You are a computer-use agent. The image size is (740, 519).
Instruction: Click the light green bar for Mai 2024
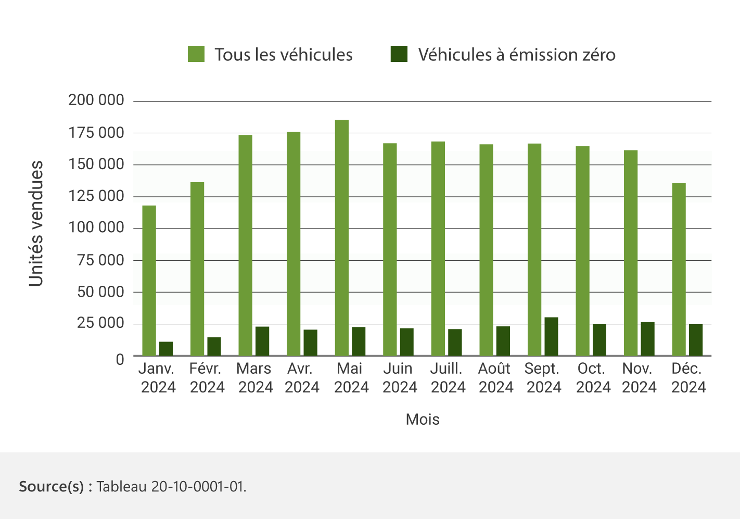[x=342, y=238]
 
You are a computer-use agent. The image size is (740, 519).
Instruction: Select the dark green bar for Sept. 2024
[x=551, y=336]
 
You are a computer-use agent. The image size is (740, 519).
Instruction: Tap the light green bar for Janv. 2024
[x=149, y=281]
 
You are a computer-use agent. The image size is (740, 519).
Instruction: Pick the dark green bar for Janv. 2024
[x=166, y=349]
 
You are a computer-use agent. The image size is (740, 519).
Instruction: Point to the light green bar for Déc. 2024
[x=679, y=269]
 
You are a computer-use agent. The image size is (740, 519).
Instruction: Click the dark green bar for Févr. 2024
[x=214, y=347]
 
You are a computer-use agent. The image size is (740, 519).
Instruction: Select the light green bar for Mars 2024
[x=245, y=245]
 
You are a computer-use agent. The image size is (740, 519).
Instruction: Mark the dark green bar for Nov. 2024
[x=647, y=339]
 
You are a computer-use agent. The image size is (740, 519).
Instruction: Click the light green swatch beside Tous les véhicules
[x=196, y=54]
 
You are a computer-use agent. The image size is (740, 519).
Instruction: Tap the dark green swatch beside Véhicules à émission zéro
[x=399, y=54]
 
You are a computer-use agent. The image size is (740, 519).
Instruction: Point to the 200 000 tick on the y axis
[x=96, y=100]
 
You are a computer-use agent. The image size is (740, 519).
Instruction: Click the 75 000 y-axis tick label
[x=100, y=260]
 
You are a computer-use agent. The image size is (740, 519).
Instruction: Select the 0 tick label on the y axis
[x=120, y=359]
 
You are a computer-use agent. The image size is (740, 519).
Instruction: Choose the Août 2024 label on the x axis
[x=495, y=377]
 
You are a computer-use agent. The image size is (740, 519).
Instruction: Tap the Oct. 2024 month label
[x=593, y=377]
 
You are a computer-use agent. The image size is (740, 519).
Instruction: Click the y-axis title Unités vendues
[x=36, y=223]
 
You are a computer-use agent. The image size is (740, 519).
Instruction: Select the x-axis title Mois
[x=423, y=420]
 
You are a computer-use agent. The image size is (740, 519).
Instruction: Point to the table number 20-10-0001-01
[x=198, y=487]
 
